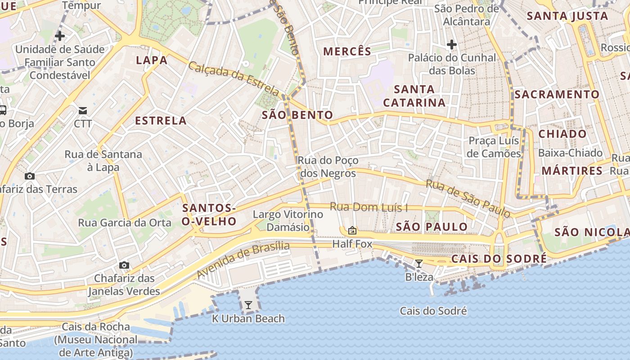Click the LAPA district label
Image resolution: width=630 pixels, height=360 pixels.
(x=152, y=60)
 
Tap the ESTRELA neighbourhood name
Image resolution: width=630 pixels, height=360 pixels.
(x=161, y=121)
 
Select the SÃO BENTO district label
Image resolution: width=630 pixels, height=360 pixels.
(x=297, y=115)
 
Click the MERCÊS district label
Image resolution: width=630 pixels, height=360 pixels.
(x=347, y=51)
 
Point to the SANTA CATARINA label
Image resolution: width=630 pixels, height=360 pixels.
(x=414, y=96)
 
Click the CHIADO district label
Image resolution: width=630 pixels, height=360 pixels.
(x=562, y=134)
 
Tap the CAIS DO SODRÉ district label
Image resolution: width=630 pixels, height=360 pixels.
(x=499, y=259)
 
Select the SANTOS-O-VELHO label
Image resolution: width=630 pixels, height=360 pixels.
(x=209, y=215)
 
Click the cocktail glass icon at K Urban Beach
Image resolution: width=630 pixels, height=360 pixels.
(x=248, y=305)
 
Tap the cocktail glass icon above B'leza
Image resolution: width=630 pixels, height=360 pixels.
(x=419, y=263)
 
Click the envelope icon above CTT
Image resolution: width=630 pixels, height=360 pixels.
(x=83, y=111)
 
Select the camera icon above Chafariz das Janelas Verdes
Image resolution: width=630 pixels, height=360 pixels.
(x=124, y=265)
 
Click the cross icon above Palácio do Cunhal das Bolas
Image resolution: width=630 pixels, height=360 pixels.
(x=452, y=45)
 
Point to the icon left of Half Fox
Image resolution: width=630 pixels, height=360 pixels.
(x=352, y=230)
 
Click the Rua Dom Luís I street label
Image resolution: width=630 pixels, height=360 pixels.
(x=369, y=207)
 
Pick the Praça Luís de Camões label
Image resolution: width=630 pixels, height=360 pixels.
(x=494, y=147)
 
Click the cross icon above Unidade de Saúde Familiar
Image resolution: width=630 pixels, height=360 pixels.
(x=59, y=36)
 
